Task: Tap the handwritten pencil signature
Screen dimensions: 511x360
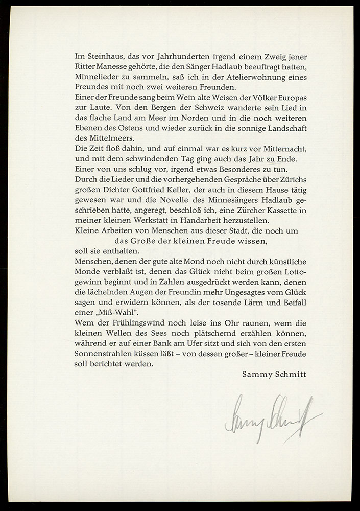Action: (x=271, y=416)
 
